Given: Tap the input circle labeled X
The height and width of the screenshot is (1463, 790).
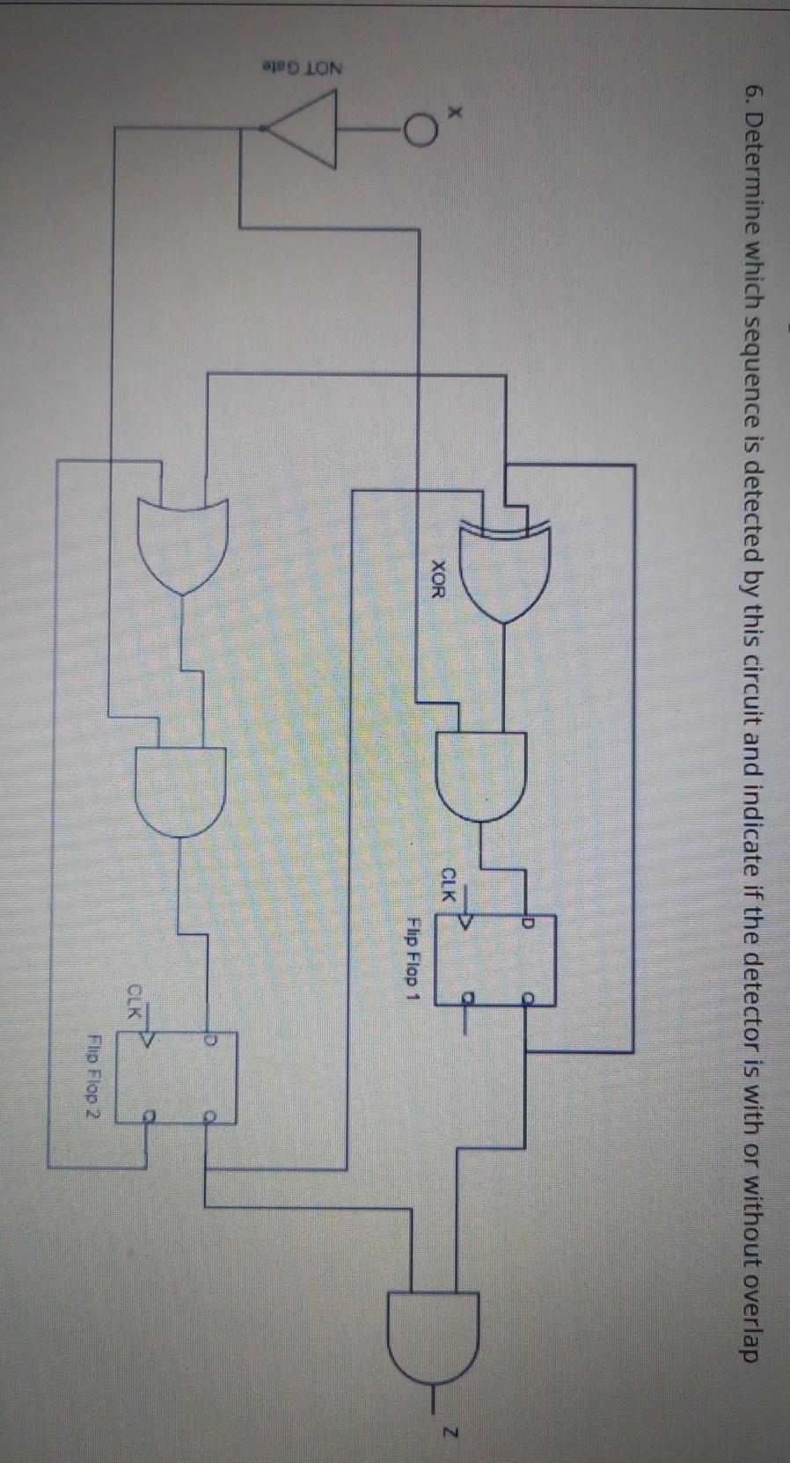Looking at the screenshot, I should (421, 131).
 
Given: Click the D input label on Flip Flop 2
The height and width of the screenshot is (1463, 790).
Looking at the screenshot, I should (209, 1040).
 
